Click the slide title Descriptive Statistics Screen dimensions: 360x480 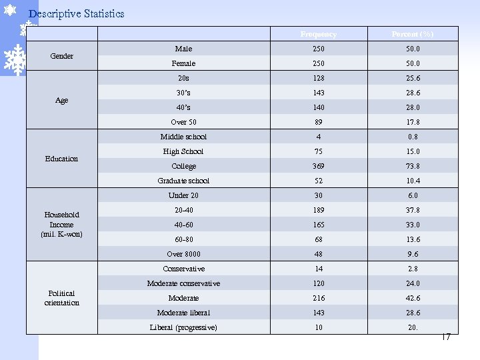[77, 14]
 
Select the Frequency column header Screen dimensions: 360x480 [318, 34]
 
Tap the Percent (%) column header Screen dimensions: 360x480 [413, 34]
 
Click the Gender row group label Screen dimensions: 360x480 [61, 56]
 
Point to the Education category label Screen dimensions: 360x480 [61, 159]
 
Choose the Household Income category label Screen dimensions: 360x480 [61, 225]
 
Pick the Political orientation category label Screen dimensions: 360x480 [61, 298]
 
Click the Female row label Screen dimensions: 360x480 [183, 63]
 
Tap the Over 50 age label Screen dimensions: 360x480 [183, 122]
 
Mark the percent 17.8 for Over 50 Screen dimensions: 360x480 [413, 122]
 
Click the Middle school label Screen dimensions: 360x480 [183, 137]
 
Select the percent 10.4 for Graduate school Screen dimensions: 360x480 [413, 181]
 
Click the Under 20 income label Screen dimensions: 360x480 [183, 195]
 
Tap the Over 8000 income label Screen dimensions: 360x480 [183, 254]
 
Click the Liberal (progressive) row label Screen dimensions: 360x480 [183, 327]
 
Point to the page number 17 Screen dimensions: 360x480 [446, 337]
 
